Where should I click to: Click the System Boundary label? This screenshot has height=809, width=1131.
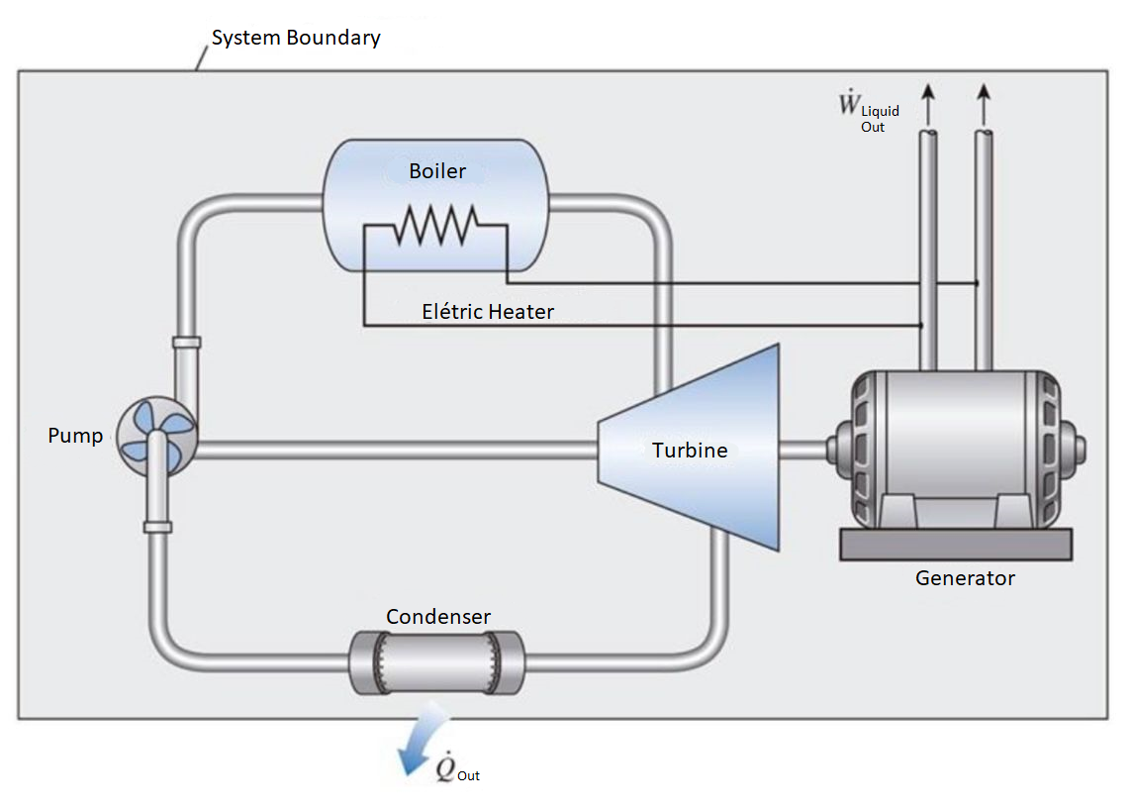tap(295, 39)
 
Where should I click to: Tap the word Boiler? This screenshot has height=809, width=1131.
tap(437, 171)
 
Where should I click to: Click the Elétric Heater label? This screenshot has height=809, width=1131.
tap(488, 312)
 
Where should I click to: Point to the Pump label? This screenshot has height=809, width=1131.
tap(75, 436)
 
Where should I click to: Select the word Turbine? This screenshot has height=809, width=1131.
tap(690, 451)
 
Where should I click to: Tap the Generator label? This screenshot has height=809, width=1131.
tap(965, 578)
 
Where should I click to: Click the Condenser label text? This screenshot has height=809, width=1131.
tap(438, 617)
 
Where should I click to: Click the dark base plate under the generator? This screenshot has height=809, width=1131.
tap(956, 544)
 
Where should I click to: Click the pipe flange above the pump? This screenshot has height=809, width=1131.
tap(186, 343)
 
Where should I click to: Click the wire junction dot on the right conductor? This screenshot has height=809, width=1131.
tap(977, 283)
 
